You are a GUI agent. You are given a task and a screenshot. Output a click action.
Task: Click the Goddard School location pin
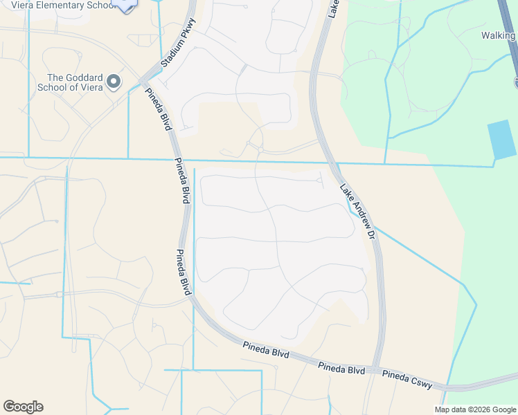click(114, 82)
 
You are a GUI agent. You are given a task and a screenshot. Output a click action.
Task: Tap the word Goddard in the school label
click(80, 77)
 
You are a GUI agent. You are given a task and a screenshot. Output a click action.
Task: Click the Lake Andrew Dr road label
click(357, 212)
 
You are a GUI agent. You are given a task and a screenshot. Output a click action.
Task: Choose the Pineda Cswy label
click(407, 380)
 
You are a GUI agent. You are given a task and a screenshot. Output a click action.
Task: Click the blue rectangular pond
click(502, 139)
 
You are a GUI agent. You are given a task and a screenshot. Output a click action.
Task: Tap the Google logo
click(23, 407)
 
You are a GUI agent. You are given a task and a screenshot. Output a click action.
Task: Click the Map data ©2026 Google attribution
click(475, 409)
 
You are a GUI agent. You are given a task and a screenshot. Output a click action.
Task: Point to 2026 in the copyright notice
click(481, 409)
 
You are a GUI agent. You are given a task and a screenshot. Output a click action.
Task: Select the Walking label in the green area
click(499, 35)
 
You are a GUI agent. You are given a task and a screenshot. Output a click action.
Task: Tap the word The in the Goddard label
click(55, 77)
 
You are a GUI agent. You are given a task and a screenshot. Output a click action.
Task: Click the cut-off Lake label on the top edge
click(333, 8)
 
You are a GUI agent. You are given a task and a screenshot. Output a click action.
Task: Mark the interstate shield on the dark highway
click(516, 83)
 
